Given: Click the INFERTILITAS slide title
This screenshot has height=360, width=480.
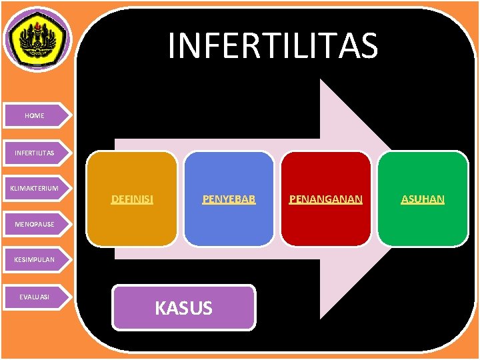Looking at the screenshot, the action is pyautogui.click(x=273, y=46).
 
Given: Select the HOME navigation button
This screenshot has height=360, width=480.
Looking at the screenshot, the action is pyautogui.click(x=35, y=115).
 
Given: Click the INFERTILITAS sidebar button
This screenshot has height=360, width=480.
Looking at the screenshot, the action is pyautogui.click(x=35, y=153).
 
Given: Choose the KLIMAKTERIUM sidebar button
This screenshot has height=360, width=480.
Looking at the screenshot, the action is pyautogui.click(x=35, y=188).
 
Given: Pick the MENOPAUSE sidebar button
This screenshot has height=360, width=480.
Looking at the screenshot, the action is pyautogui.click(x=35, y=223).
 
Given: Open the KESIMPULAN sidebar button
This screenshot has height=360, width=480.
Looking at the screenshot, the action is pyautogui.click(x=35, y=259).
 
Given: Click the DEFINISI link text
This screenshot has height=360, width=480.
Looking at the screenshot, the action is pyautogui.click(x=132, y=199).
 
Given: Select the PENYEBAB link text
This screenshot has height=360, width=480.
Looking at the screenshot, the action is pyautogui.click(x=229, y=199).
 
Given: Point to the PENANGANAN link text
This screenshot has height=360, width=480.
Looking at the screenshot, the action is pyautogui.click(x=325, y=199).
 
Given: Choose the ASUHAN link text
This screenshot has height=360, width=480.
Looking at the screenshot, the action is pyautogui.click(x=423, y=199).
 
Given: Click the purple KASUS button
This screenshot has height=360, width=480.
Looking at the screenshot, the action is pyautogui.click(x=183, y=307).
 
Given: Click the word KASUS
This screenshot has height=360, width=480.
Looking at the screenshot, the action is pyautogui.click(x=183, y=308).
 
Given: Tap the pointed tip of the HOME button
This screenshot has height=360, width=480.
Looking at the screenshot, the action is pyautogui.click(x=69, y=115).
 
